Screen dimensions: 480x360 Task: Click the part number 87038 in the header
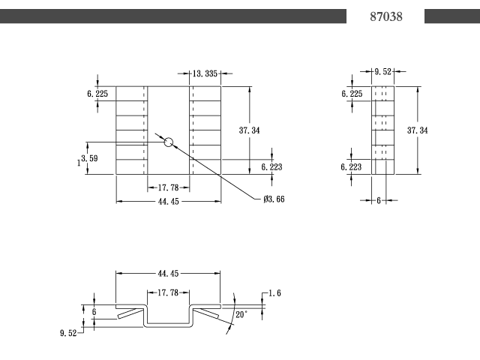pos(386,16)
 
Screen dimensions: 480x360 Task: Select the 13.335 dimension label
pos(205,73)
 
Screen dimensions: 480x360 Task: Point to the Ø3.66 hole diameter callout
pos(274,199)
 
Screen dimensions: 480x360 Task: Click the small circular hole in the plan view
pos(169,142)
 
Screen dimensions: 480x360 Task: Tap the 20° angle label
pos(241,315)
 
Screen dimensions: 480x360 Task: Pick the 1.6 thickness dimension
pos(275,293)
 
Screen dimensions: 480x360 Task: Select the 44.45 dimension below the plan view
pos(168,202)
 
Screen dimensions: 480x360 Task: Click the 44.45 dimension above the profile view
pos(168,274)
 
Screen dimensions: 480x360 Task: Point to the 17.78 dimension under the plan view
pos(168,187)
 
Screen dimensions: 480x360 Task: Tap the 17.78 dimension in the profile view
pos(168,293)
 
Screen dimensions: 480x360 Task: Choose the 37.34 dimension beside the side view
pos(418,130)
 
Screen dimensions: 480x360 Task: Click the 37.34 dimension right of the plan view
pos(250,130)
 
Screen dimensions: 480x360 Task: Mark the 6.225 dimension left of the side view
pos(352,94)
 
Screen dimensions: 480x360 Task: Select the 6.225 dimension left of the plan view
pos(97,94)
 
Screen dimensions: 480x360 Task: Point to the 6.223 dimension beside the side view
pos(351,167)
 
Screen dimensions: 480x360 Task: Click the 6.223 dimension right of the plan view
pos(271,167)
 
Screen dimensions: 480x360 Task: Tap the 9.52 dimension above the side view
pos(383,72)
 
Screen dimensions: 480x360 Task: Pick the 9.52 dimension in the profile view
pos(68,333)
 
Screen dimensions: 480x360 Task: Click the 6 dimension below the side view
pos(379,201)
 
